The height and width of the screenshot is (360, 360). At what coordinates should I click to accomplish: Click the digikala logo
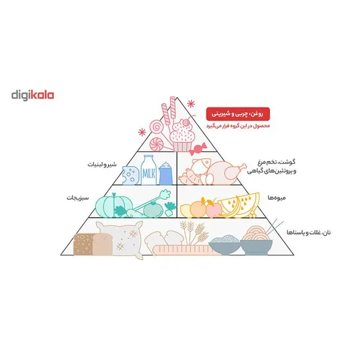(x=32, y=95)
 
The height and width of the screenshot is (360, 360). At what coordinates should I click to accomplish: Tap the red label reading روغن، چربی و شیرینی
(x=238, y=114)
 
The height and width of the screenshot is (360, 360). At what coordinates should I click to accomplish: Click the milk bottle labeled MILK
(x=149, y=170)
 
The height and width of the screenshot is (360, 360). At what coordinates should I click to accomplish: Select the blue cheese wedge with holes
(x=131, y=175)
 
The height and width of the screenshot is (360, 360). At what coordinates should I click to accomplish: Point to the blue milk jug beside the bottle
(x=166, y=173)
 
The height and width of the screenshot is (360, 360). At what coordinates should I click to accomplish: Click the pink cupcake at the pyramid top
(x=182, y=136)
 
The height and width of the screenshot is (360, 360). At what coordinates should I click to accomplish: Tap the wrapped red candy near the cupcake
(x=198, y=148)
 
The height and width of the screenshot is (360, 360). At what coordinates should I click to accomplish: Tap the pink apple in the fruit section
(x=214, y=209)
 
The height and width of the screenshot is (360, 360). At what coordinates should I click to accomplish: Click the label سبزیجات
(x=77, y=197)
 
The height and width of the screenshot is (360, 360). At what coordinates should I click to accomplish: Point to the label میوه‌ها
(x=277, y=197)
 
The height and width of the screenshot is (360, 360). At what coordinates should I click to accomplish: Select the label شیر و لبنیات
(x=102, y=164)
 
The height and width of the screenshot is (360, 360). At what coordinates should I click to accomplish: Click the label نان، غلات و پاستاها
(x=308, y=232)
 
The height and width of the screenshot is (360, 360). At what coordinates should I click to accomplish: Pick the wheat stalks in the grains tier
(x=194, y=232)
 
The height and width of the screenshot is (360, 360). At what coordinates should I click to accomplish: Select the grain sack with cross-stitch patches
(x=121, y=239)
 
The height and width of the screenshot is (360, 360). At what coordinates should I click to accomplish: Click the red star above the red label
(x=191, y=104)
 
